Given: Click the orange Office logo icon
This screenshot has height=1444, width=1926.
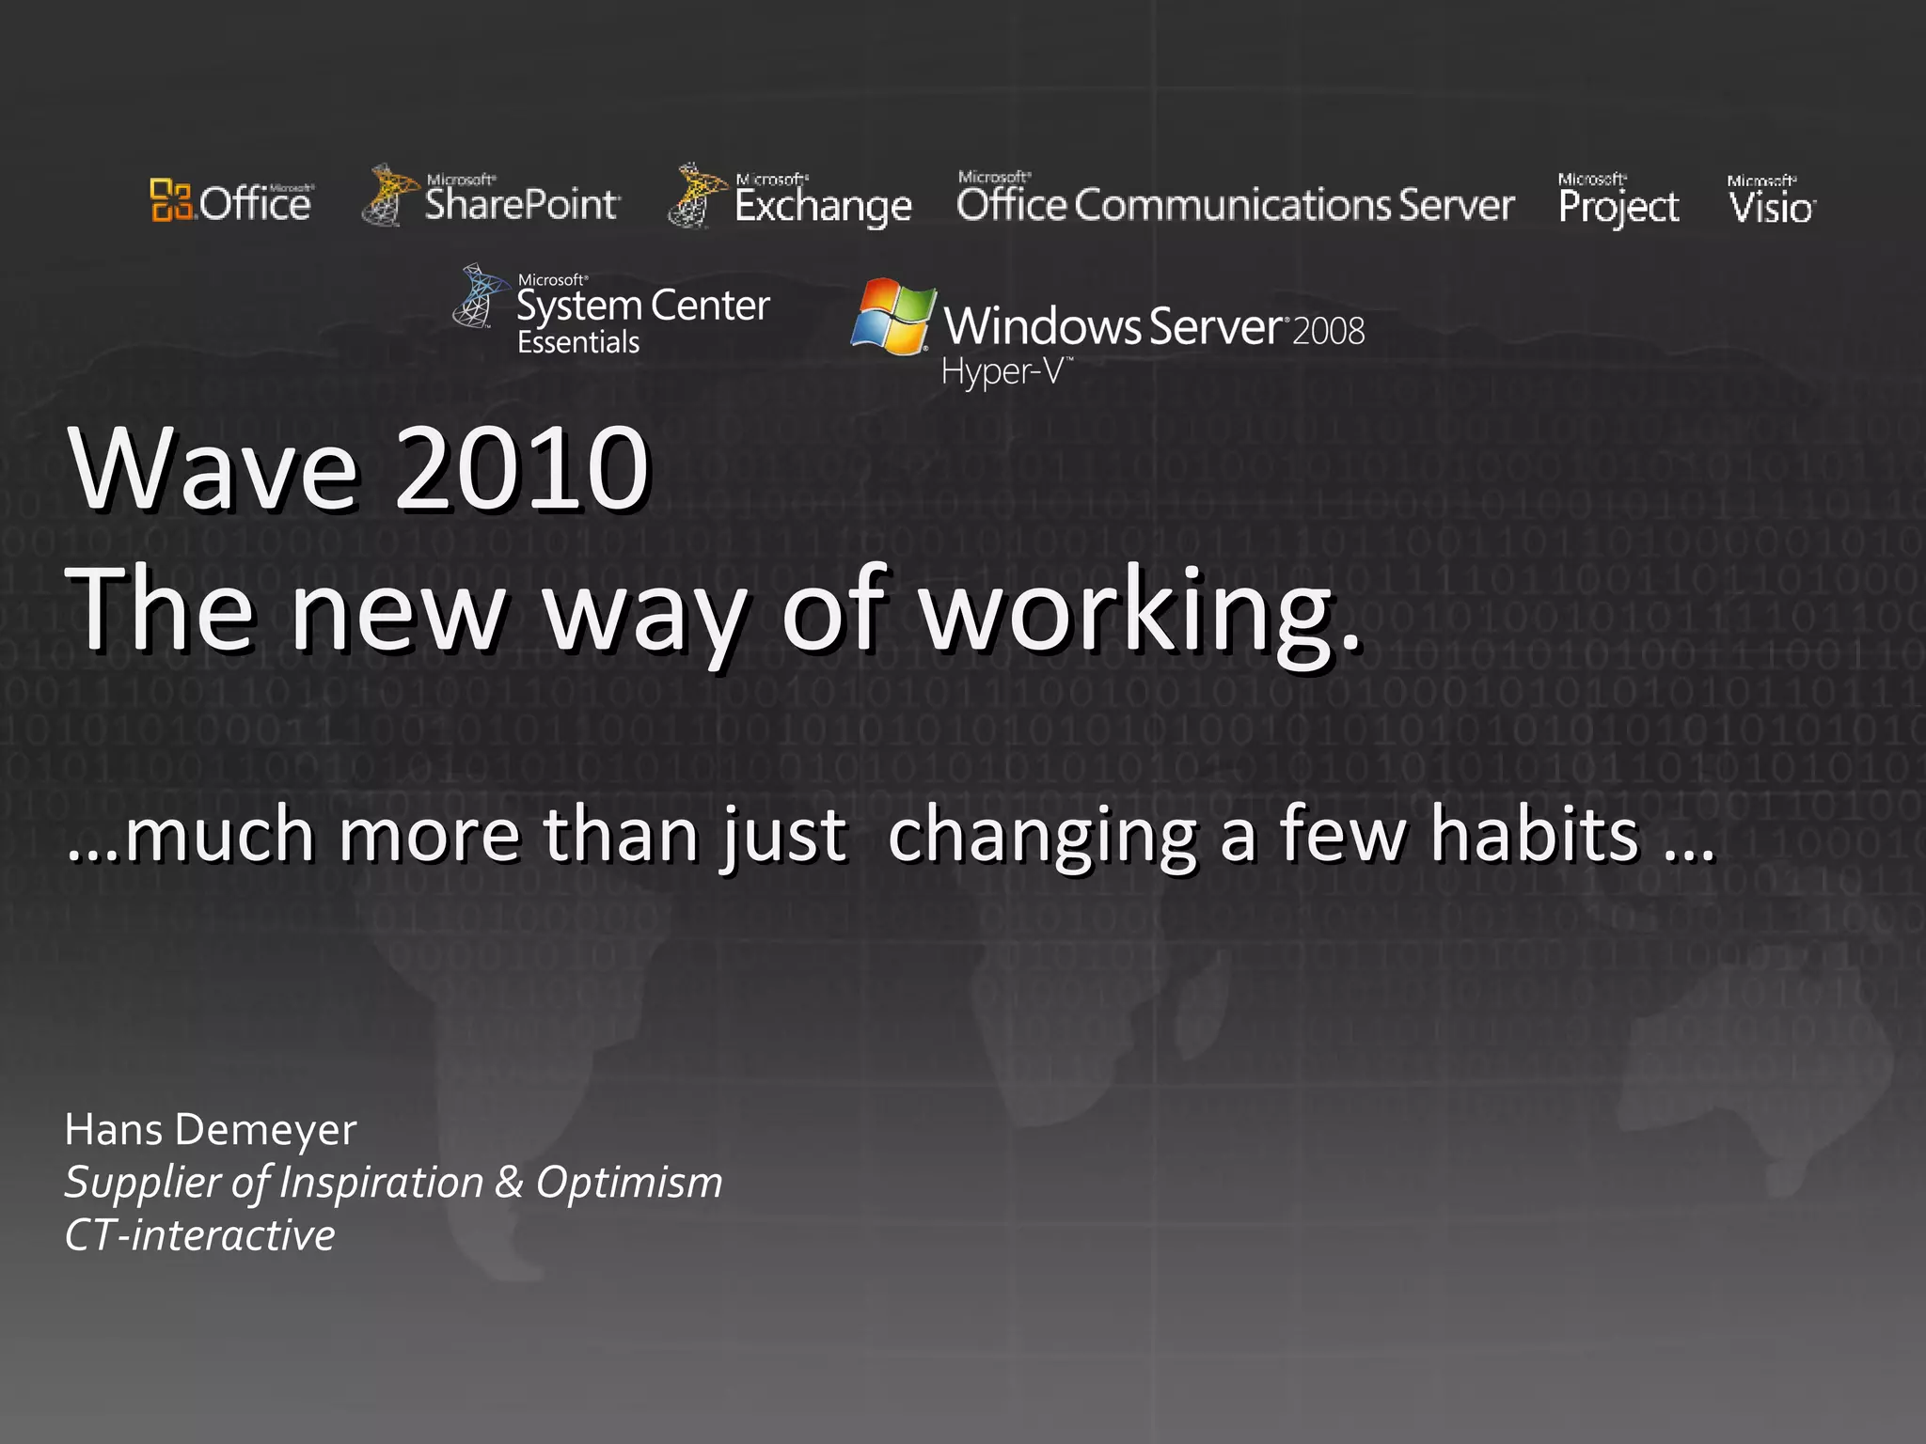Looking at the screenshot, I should click(172, 200).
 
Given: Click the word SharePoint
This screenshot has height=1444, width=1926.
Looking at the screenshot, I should click(521, 203).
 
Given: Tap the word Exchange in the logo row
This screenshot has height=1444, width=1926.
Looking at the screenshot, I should click(823, 206).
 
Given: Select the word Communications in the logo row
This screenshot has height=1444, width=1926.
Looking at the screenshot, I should click(1232, 205).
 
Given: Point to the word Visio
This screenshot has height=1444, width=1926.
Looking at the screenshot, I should click(1771, 207).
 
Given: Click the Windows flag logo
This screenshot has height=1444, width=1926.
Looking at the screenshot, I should click(892, 317).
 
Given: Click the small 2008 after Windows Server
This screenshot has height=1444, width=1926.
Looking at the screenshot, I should click(1329, 332).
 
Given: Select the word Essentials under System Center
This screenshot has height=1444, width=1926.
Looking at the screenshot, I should click(578, 342).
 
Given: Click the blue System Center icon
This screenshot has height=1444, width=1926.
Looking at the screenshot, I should click(479, 296).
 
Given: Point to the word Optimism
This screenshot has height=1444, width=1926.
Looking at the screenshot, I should click(629, 1182).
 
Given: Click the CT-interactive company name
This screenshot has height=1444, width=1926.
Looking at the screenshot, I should click(199, 1234).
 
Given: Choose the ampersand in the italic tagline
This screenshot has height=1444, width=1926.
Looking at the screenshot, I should click(509, 1182).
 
